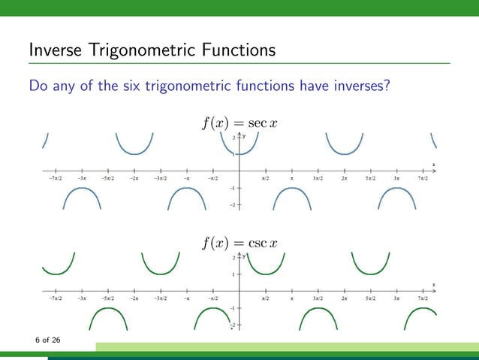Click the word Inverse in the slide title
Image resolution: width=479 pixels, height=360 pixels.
point(56,51)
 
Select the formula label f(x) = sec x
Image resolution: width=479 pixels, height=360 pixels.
point(239,122)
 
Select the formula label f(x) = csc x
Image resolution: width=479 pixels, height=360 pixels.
point(239,243)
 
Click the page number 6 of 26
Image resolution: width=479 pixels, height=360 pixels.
point(47,340)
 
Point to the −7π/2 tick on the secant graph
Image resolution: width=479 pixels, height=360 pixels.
point(56,179)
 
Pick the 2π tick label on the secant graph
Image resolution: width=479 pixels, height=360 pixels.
point(344,179)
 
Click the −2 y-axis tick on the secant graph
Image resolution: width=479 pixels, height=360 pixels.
point(233,204)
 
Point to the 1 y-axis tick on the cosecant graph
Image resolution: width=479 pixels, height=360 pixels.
point(233,274)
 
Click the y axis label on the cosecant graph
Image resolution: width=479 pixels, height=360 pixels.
point(244,256)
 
